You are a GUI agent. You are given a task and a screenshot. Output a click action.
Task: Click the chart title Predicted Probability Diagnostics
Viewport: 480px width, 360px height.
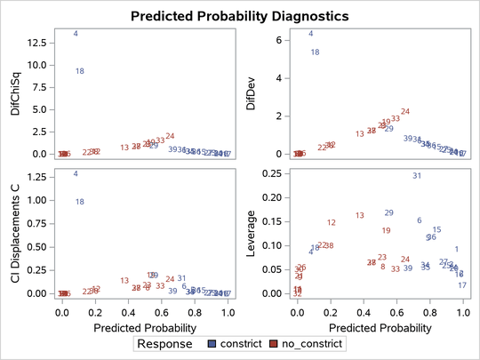(239, 15)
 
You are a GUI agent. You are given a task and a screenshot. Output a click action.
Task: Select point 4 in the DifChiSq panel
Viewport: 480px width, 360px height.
(76, 34)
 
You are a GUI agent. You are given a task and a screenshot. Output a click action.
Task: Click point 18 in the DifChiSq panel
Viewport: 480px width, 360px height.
(79, 71)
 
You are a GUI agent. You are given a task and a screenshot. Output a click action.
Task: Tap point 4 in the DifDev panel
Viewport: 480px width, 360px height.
(310, 34)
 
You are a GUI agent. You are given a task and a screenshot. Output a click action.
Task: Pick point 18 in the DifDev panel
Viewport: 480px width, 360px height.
(315, 52)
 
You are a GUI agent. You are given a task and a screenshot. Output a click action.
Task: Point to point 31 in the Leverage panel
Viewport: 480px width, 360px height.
(416, 176)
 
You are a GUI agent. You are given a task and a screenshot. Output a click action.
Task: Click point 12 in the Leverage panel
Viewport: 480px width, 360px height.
(332, 223)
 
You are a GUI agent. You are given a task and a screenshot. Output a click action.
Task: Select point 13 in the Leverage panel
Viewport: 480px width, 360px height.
(360, 215)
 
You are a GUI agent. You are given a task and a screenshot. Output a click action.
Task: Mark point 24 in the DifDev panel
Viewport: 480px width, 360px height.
(405, 112)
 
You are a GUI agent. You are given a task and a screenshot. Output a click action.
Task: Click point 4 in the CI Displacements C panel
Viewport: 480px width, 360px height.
(76, 174)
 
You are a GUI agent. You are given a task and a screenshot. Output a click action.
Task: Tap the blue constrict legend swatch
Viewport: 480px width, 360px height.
(212, 342)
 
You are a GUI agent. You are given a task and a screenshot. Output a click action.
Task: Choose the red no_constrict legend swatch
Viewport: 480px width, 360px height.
(274, 342)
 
